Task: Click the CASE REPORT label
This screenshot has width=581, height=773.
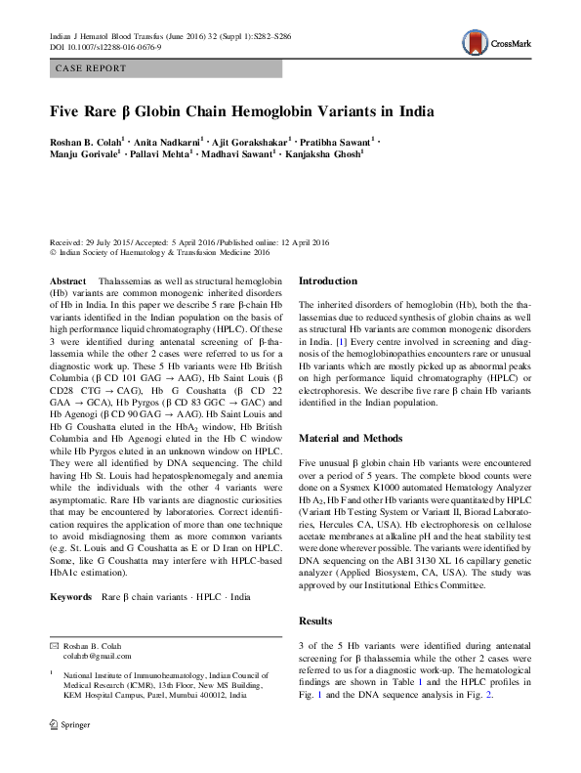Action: pos(90,68)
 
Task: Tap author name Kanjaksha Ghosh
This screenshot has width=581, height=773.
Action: pos(322,153)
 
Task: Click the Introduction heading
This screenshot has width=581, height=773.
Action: pos(328,280)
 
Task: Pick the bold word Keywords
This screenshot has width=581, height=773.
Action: pos(70,596)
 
